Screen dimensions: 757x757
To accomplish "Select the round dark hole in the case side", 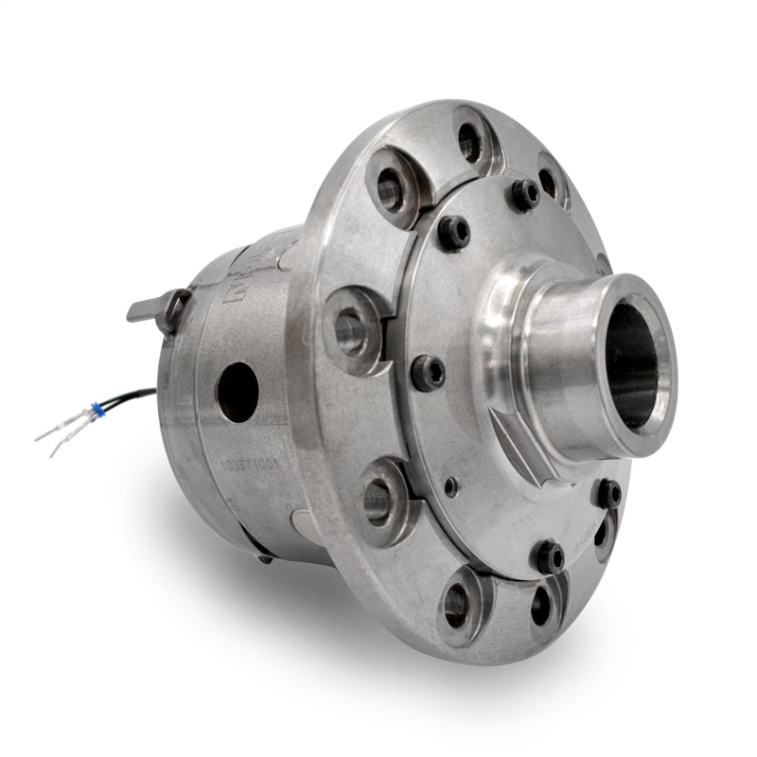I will pos(237,391).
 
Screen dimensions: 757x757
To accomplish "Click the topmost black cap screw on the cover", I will pos(526,194).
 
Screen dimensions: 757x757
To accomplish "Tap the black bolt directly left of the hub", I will pos(429,372).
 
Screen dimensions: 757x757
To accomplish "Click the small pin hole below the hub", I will pos(452,487).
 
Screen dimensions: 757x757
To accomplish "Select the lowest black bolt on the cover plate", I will pos(549,556).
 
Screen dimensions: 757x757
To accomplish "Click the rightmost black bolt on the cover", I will pos(607,492).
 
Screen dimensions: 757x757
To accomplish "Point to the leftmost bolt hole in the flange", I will pos(351,331).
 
